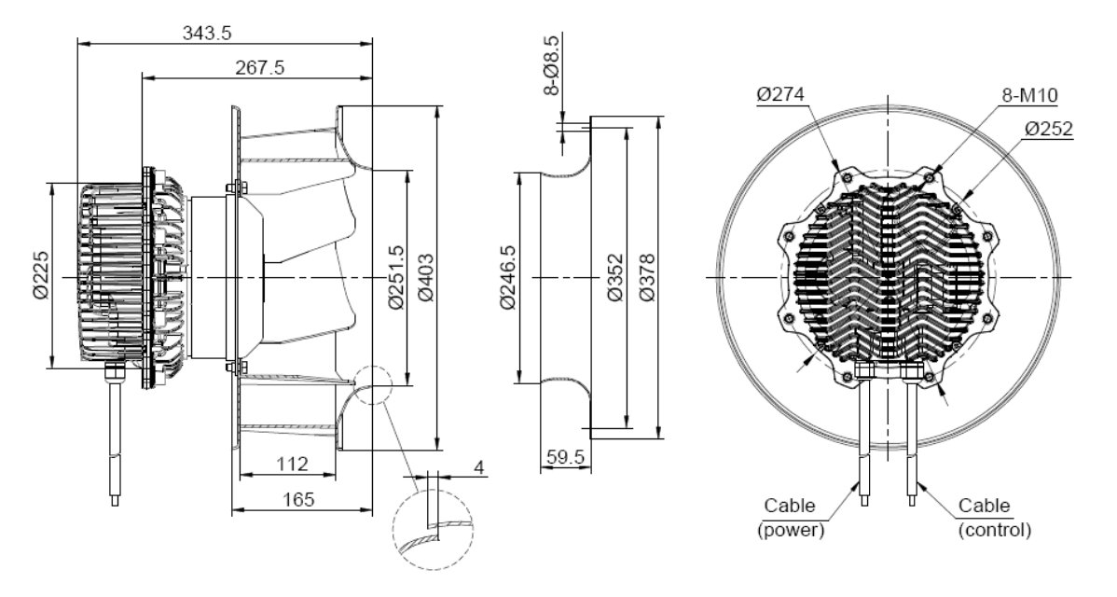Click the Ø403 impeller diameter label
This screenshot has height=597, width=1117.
click(425, 278)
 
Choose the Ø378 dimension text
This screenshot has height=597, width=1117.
click(647, 278)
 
